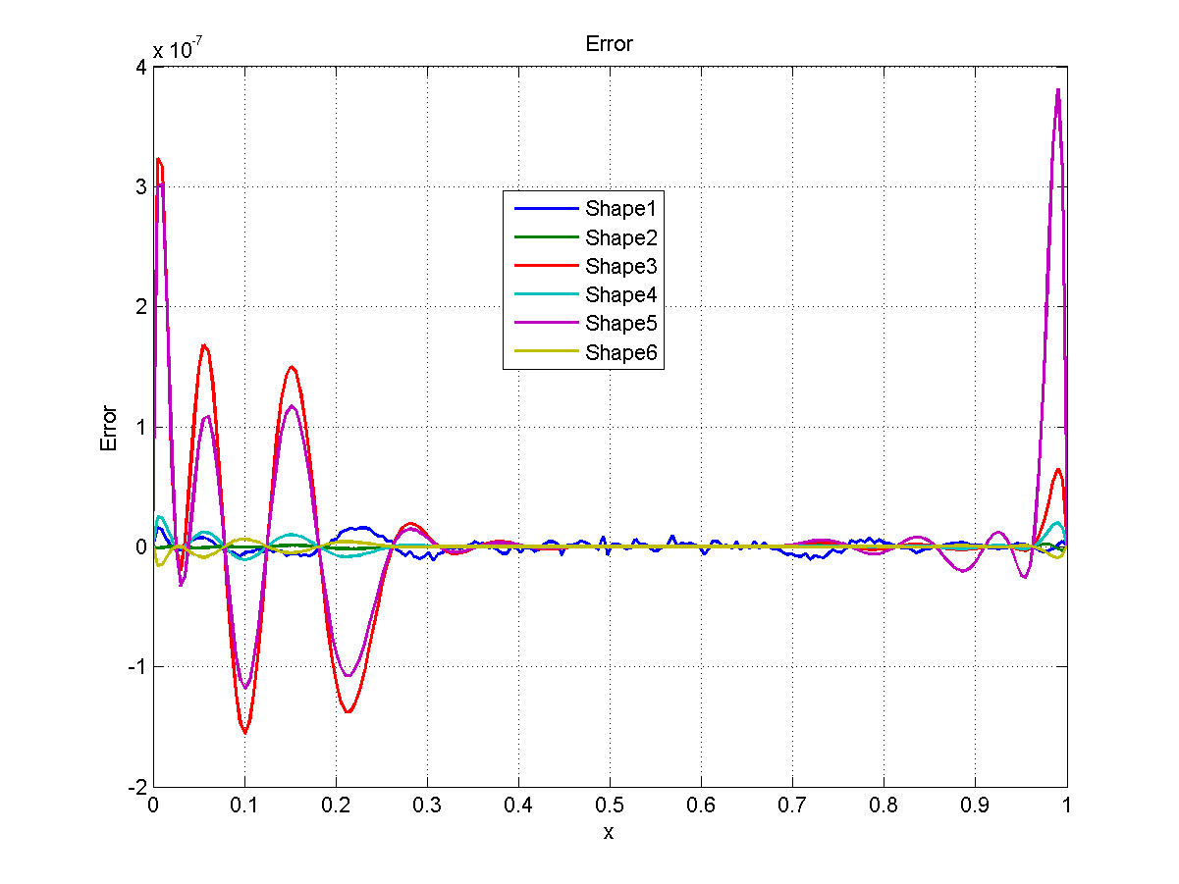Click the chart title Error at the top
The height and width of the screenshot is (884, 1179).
pos(609,44)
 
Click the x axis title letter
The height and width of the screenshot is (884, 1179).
pos(609,833)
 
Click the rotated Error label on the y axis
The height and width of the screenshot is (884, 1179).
pos(109,428)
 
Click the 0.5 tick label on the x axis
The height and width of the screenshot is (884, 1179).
pos(609,806)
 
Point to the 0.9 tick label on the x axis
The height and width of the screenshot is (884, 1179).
pos(975,806)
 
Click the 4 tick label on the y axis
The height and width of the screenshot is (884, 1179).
pos(140,68)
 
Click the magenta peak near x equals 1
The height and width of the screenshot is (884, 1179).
pos(1057,89)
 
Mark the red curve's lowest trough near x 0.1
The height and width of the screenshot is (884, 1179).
pos(244,732)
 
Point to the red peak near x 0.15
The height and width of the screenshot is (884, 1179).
pos(292,368)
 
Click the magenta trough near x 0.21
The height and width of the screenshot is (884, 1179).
pos(348,675)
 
